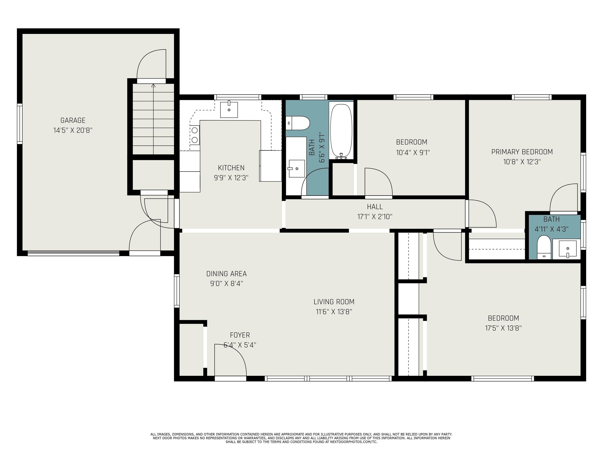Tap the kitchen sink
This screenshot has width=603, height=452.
(229, 110)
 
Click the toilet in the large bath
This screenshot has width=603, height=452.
(298, 123)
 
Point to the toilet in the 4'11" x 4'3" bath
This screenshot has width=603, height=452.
(544, 247)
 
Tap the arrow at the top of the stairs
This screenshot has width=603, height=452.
(153, 86)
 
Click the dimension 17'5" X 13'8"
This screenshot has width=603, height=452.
(503, 328)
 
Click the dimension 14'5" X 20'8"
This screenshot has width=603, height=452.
(73, 130)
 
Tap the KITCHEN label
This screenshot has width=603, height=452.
(231, 168)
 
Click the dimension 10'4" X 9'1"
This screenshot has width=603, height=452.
(413, 152)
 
